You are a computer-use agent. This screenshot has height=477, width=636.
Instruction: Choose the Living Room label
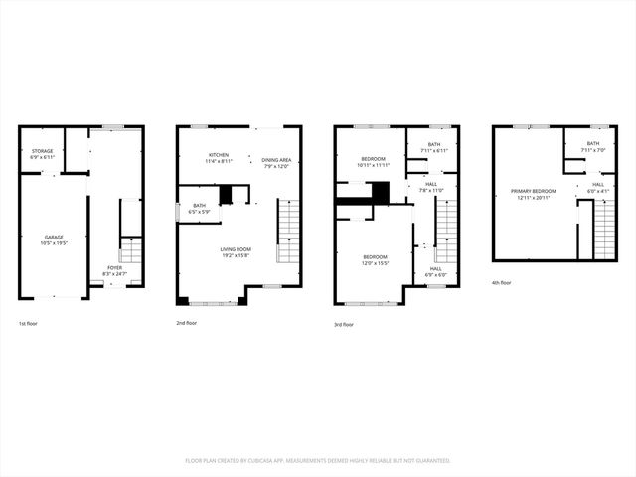pos(235,252)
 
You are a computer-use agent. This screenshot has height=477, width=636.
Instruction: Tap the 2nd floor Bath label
pos(199,208)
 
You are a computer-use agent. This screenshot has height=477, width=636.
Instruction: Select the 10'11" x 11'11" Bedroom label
pos(373,160)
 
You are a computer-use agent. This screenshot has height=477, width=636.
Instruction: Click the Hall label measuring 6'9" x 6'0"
pos(436,270)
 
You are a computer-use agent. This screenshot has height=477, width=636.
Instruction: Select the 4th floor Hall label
pos(598,186)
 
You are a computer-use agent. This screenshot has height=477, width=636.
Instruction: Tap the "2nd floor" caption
pos(186,323)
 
